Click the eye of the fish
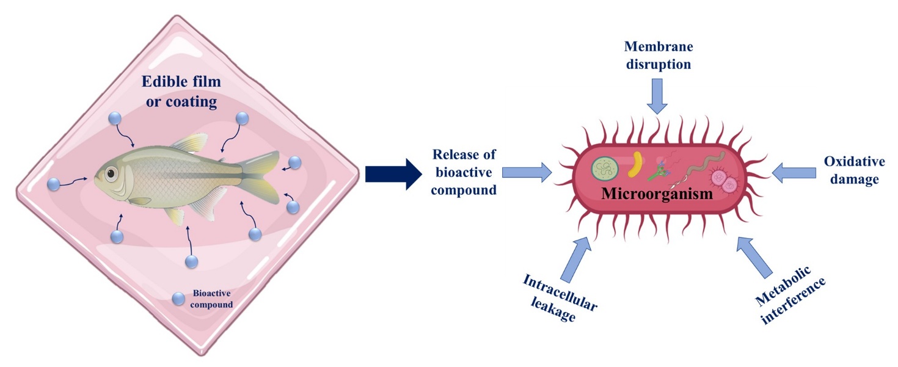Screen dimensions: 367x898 tap(111, 174)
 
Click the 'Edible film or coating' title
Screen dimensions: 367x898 tap(179, 92)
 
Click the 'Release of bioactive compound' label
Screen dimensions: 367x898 tap(464, 173)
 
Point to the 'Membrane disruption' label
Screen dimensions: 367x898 tap(657, 54)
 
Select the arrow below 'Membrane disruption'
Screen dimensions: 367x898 tap(657, 98)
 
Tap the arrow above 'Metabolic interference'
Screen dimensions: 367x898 tap(753, 256)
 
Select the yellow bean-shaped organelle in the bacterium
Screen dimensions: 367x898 tap(638, 164)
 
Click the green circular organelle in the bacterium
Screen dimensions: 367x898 tap(605, 168)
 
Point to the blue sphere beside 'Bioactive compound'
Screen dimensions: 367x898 tap(178, 299)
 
